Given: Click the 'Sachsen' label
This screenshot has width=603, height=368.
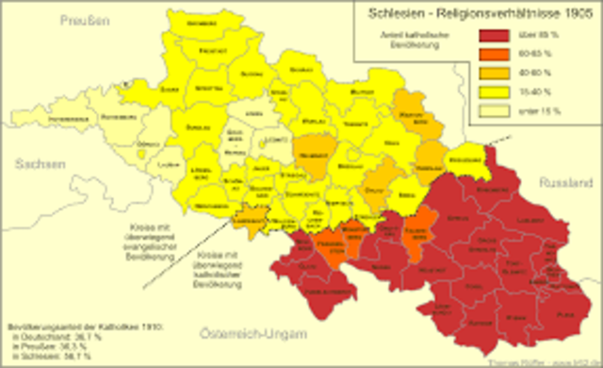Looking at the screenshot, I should [40, 162].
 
